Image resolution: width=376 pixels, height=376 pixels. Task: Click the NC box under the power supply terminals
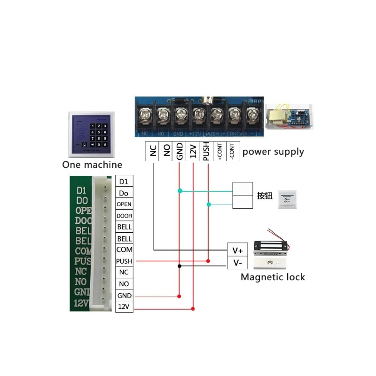pos(153,151)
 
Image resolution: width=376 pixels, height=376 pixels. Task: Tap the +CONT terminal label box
pos(220,151)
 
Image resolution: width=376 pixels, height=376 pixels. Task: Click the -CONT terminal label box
pos(232,151)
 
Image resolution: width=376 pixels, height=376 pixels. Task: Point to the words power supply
pos(273,152)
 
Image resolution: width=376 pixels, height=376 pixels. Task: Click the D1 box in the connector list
pos(124,181)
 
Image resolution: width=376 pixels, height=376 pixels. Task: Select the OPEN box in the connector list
pos(124,204)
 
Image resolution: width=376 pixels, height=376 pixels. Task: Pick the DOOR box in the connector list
pos(124,216)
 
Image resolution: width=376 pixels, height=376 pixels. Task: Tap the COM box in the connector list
pos(124,250)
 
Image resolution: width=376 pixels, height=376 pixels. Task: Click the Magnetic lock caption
pos(273,277)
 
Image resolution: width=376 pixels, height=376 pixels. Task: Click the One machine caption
pos(92,164)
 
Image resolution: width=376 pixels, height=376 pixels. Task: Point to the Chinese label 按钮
pos(265,196)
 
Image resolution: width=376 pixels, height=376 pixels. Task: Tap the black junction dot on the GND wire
pos(180,266)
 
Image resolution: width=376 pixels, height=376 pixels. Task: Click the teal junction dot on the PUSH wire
pos(209,204)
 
